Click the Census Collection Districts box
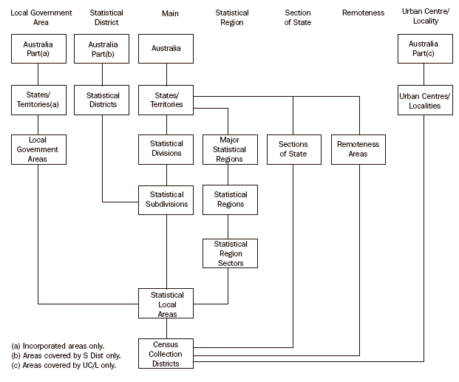(167, 353)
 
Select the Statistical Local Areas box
(167, 304)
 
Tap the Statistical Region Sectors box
(231, 253)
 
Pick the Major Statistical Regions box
(231, 149)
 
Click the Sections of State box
(293, 149)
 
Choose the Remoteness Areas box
(358, 149)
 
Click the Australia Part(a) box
(38, 49)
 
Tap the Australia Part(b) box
(103, 49)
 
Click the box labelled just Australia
(167, 49)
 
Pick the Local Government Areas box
(38, 149)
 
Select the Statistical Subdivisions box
(167, 199)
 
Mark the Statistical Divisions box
(167, 149)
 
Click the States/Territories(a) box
(38, 100)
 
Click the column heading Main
(169, 13)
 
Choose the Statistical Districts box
(103, 100)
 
